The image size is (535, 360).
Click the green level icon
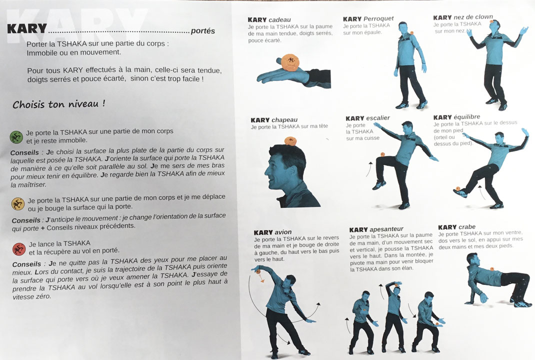pos(16,137)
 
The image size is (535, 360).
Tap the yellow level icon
pos(17,203)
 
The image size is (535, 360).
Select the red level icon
pos(19,249)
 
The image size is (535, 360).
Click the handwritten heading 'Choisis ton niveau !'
pos(58,104)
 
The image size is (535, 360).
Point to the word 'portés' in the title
pos(203,31)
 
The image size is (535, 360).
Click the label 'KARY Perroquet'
pos(368,19)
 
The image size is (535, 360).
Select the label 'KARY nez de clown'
pos(463,17)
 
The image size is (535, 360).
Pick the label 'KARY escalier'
pos(367,118)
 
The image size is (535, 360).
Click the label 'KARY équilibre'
pos(456,117)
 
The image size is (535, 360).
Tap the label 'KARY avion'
pos(272,232)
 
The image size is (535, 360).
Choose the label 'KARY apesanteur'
pos(376,229)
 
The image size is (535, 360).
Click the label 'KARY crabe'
pos(456,227)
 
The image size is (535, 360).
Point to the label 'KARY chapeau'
pos(274,120)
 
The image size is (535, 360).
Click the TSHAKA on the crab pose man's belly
pos(491,268)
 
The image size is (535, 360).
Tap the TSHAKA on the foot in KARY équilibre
pos(457,188)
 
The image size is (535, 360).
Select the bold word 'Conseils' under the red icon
pos(26,264)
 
